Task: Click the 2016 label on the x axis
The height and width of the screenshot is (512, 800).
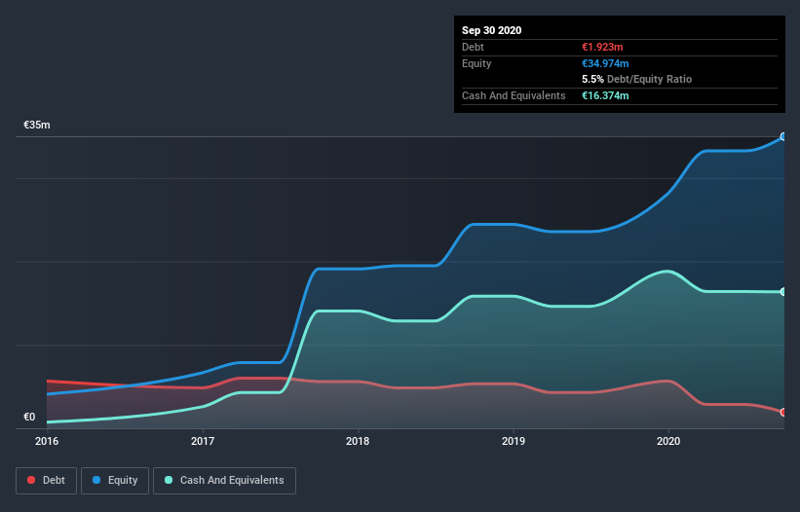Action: (x=47, y=441)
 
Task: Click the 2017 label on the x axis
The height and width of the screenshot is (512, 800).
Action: (x=203, y=441)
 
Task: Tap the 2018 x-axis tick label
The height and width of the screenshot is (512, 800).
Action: (x=358, y=441)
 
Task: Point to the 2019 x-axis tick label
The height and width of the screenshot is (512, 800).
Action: (x=514, y=441)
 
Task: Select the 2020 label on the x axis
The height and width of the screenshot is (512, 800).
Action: (x=668, y=441)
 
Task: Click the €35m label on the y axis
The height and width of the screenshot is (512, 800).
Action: (x=37, y=126)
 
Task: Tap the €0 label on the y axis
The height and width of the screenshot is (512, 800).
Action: (x=29, y=417)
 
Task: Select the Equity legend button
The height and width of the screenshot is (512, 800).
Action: (x=116, y=480)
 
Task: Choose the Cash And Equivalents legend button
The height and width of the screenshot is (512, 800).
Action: (x=224, y=480)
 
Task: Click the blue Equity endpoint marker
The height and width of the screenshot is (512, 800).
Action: (x=783, y=137)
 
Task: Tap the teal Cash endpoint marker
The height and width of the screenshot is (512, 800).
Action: (x=783, y=292)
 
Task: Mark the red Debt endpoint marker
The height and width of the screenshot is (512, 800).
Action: (x=783, y=412)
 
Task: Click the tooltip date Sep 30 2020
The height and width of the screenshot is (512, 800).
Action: (x=492, y=30)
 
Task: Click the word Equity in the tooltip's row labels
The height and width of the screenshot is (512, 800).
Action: (x=476, y=63)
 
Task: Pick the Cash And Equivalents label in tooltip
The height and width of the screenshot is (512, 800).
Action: (x=514, y=95)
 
